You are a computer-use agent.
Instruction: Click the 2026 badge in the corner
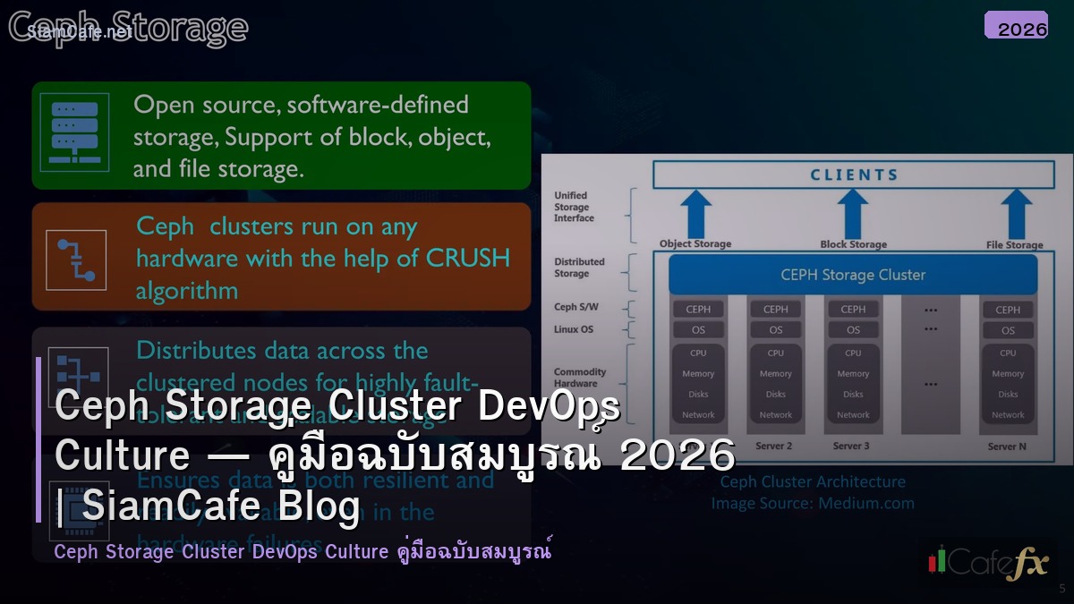pyautogui.click(x=1016, y=26)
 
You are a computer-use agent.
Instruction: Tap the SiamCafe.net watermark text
pyautogui.click(x=80, y=31)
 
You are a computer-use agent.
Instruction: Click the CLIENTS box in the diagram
pyautogui.click(x=854, y=174)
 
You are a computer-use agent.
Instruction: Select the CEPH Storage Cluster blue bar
pyautogui.click(x=853, y=275)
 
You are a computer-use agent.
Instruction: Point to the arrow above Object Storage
pyautogui.click(x=695, y=214)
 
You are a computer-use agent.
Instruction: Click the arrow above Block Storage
pyautogui.click(x=853, y=214)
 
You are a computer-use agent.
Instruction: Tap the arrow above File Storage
pyautogui.click(x=1014, y=214)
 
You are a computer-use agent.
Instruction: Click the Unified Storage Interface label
pyautogui.click(x=574, y=207)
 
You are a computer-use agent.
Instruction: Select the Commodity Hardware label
pyautogui.click(x=580, y=378)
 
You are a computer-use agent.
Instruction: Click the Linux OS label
pyautogui.click(x=574, y=329)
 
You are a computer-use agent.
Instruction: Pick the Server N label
pyautogui.click(x=1008, y=447)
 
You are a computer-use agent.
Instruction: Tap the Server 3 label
pyautogui.click(x=851, y=446)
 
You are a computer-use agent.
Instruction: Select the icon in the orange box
pyautogui.click(x=76, y=259)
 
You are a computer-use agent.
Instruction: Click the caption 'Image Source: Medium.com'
pyautogui.click(x=813, y=503)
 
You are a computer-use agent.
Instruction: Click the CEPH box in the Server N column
pyautogui.click(x=1008, y=310)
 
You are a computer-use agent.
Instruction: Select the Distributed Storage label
pyautogui.click(x=579, y=268)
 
